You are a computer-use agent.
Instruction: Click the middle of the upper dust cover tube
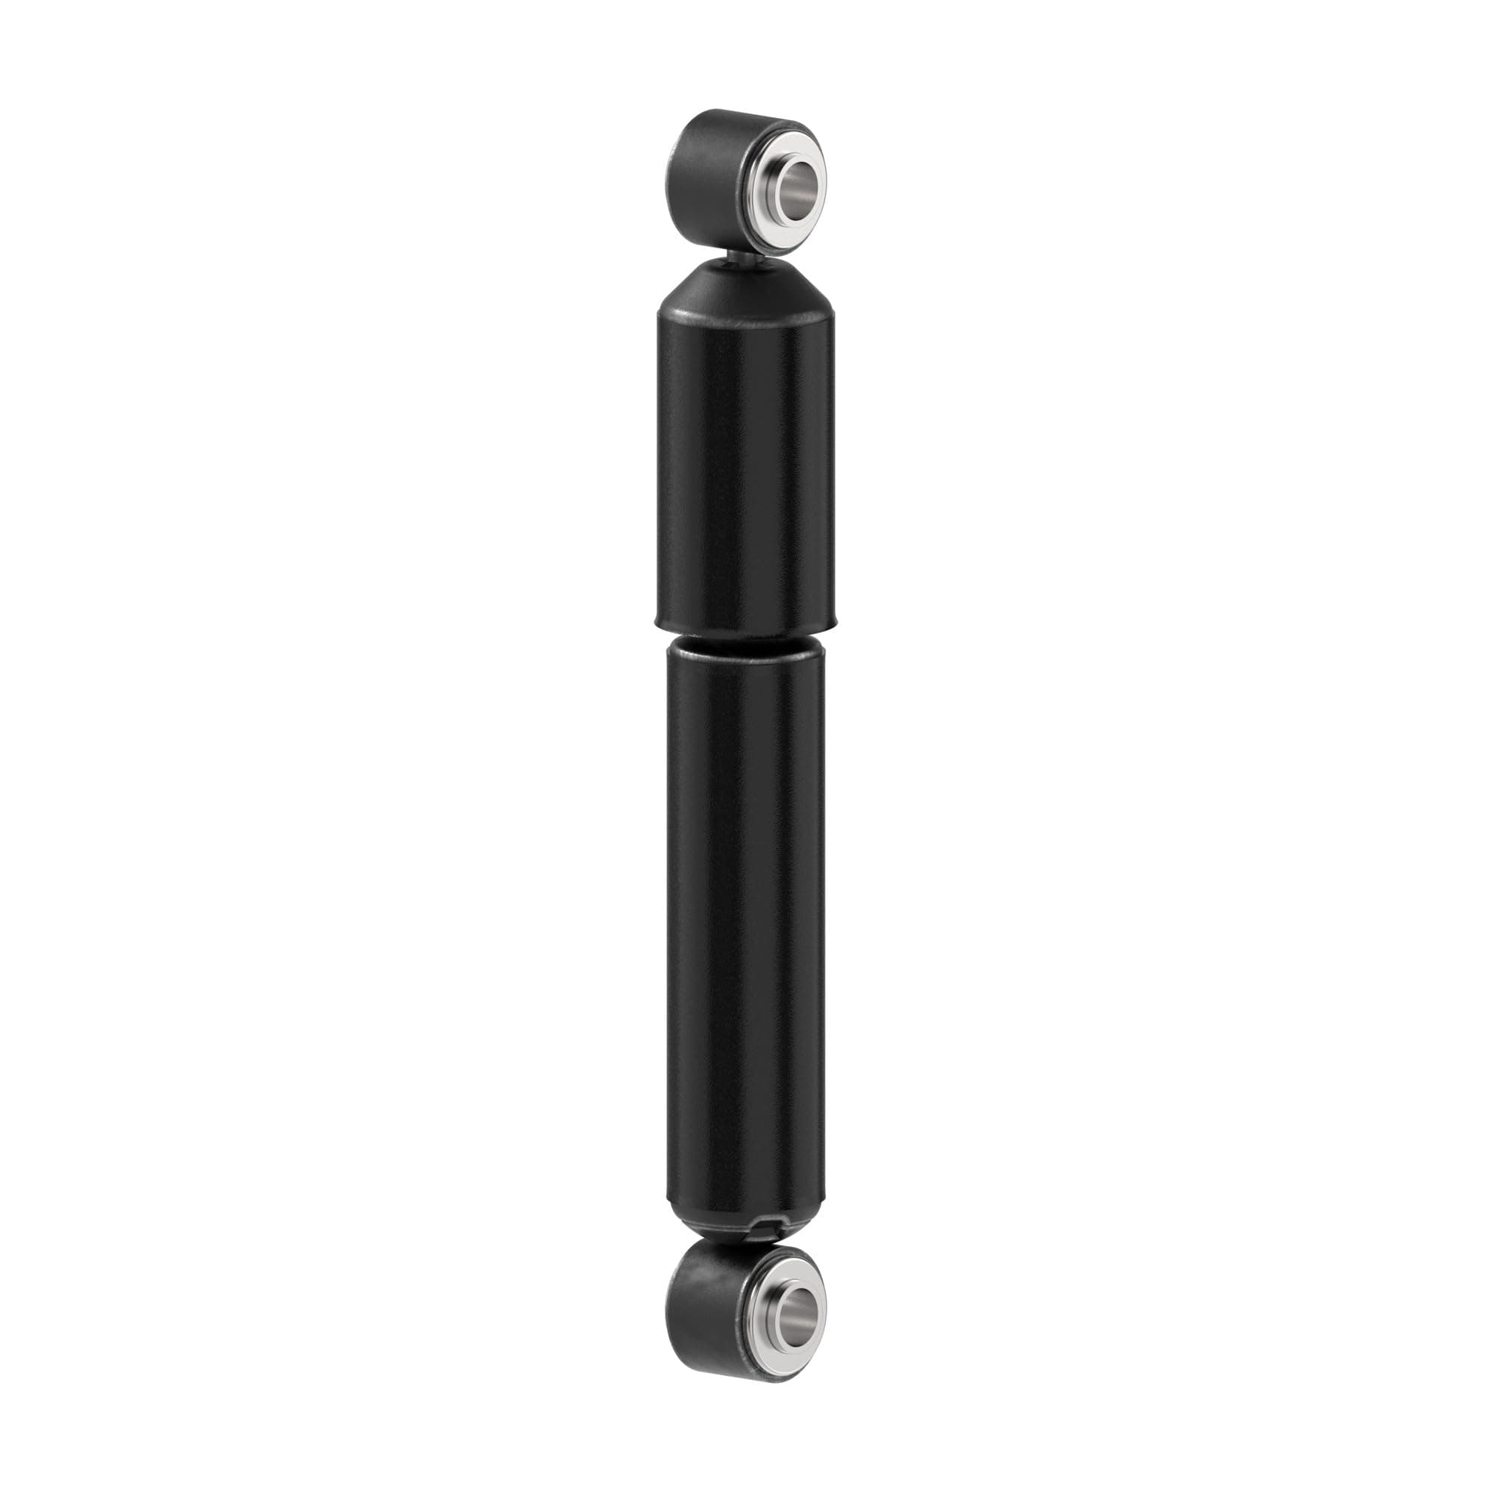(745, 471)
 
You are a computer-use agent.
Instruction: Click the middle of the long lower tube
(745, 927)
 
